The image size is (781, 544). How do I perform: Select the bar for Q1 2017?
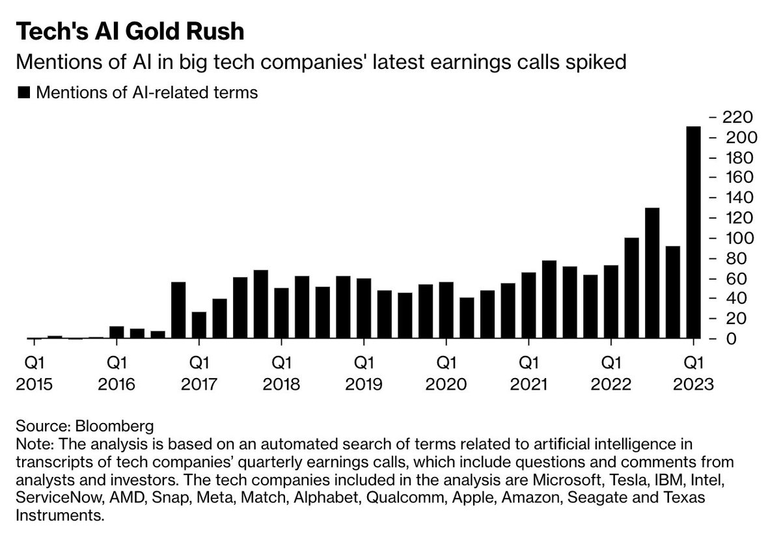199,325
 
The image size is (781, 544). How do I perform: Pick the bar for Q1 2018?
281,313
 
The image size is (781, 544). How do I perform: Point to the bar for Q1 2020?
446,310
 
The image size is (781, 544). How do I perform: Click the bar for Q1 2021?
528,306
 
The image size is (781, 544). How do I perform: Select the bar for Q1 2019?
364,308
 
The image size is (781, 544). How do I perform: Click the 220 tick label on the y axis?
735,118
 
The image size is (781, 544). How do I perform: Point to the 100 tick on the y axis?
735,238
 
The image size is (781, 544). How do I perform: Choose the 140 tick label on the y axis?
735,198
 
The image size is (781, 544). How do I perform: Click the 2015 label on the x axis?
33,384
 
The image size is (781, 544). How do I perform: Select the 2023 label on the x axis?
694,384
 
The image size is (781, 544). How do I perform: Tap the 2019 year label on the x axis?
364,384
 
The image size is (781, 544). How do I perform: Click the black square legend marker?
24,93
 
